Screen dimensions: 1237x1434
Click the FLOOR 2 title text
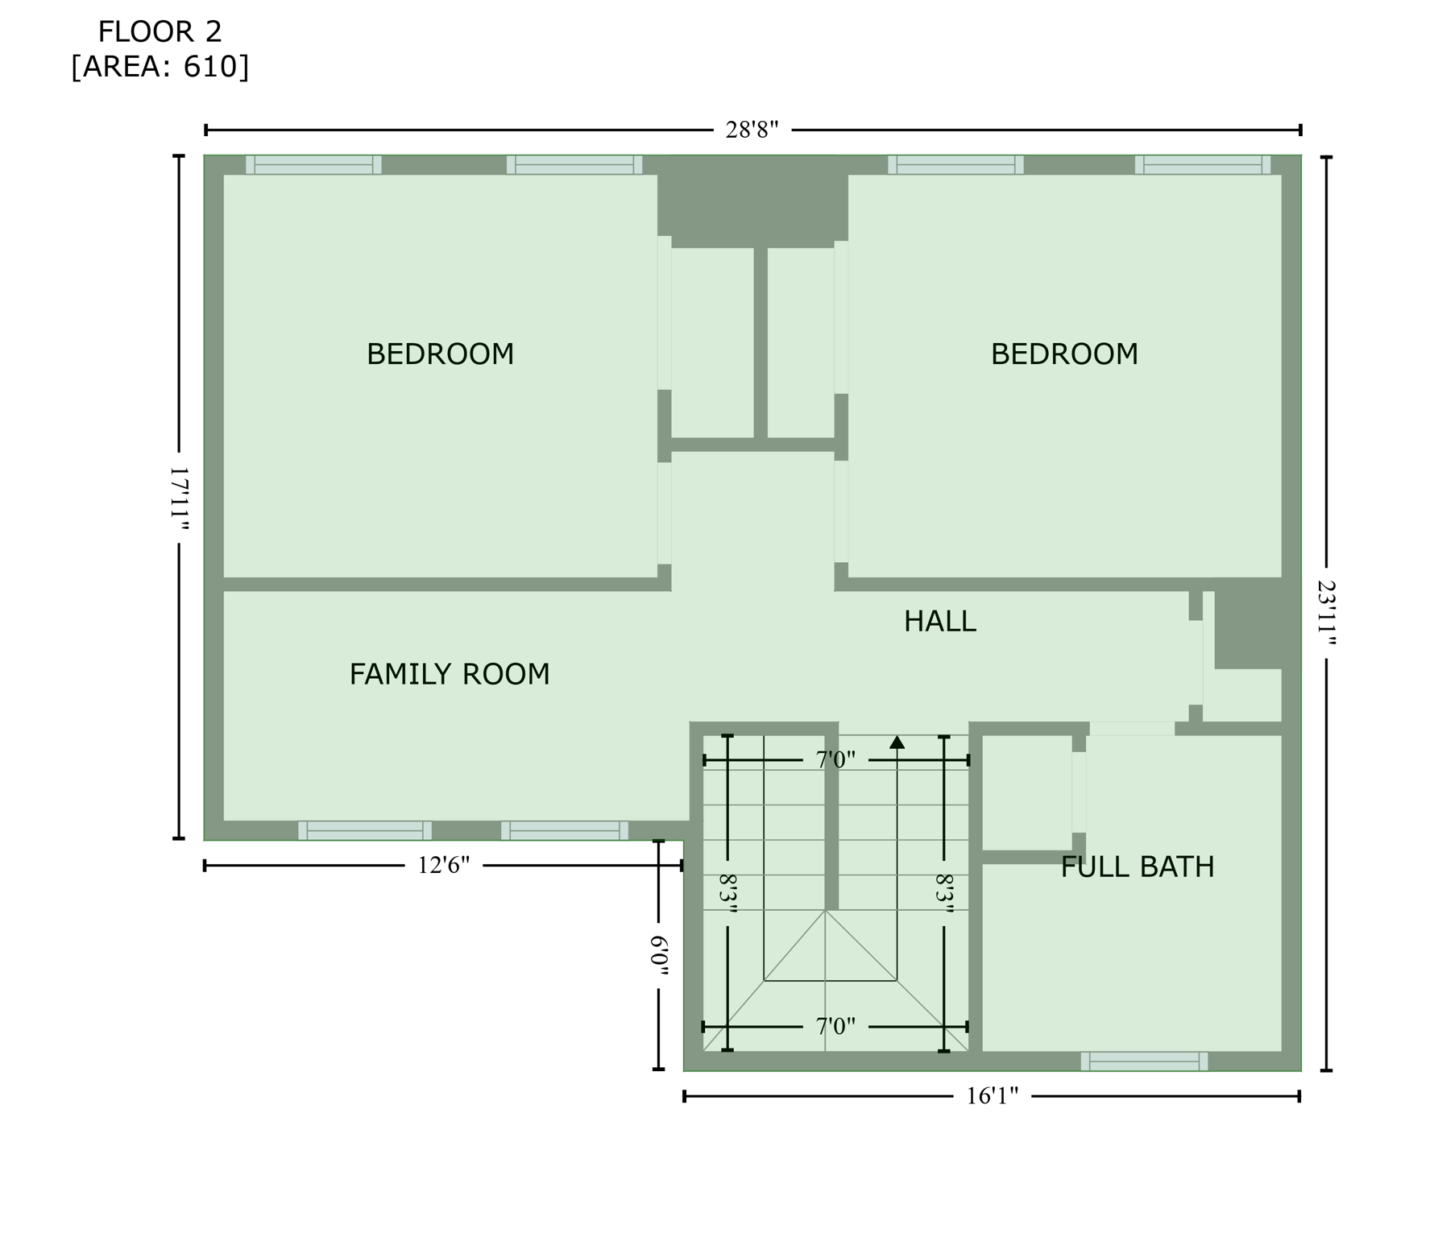click(160, 32)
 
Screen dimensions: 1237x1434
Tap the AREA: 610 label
click(160, 67)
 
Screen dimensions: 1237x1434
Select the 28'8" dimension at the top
click(751, 130)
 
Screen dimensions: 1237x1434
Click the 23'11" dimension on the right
click(1326, 613)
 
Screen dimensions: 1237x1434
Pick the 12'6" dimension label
click(443, 866)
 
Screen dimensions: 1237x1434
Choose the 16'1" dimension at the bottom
click(992, 1096)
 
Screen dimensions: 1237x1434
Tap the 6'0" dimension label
click(659, 955)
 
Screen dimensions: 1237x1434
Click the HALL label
click(939, 622)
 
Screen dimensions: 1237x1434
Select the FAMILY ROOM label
click(449, 674)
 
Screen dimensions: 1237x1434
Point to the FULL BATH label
click(1137, 867)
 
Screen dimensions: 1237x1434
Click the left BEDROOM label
click(440, 354)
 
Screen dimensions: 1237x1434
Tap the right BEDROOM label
click(1063, 354)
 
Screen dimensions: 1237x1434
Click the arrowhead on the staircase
click(897, 743)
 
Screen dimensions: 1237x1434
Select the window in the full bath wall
click(1143, 1061)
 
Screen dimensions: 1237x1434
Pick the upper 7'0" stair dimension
click(835, 760)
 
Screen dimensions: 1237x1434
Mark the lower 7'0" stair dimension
click(835, 1027)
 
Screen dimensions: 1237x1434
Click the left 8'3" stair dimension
click(727, 892)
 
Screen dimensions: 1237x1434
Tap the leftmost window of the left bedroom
click(313, 165)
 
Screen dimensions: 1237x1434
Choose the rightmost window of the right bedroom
click(1202, 165)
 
